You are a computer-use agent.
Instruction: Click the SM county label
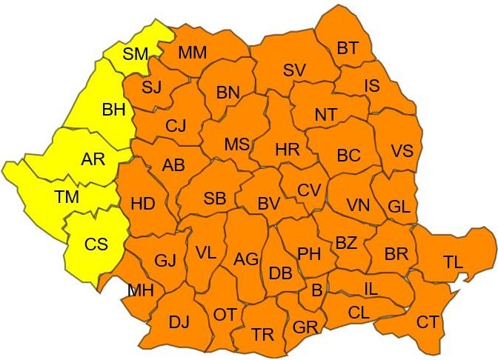click(x=136, y=53)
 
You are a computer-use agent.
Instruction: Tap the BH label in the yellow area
click(x=113, y=110)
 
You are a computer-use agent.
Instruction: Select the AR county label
click(x=93, y=159)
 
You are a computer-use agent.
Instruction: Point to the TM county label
click(x=67, y=196)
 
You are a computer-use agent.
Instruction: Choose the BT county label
click(x=347, y=49)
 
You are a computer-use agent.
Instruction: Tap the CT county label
click(x=427, y=321)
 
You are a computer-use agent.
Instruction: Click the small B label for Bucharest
click(x=316, y=291)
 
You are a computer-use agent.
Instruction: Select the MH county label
click(x=141, y=290)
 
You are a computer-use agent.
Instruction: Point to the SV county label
click(x=294, y=70)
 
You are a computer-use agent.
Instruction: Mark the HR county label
click(x=287, y=150)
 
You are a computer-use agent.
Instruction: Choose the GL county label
click(x=399, y=207)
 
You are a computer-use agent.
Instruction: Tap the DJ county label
click(x=179, y=322)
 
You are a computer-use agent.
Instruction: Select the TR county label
click(x=262, y=334)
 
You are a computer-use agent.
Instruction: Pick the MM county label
click(x=193, y=53)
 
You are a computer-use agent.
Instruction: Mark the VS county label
click(x=402, y=151)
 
